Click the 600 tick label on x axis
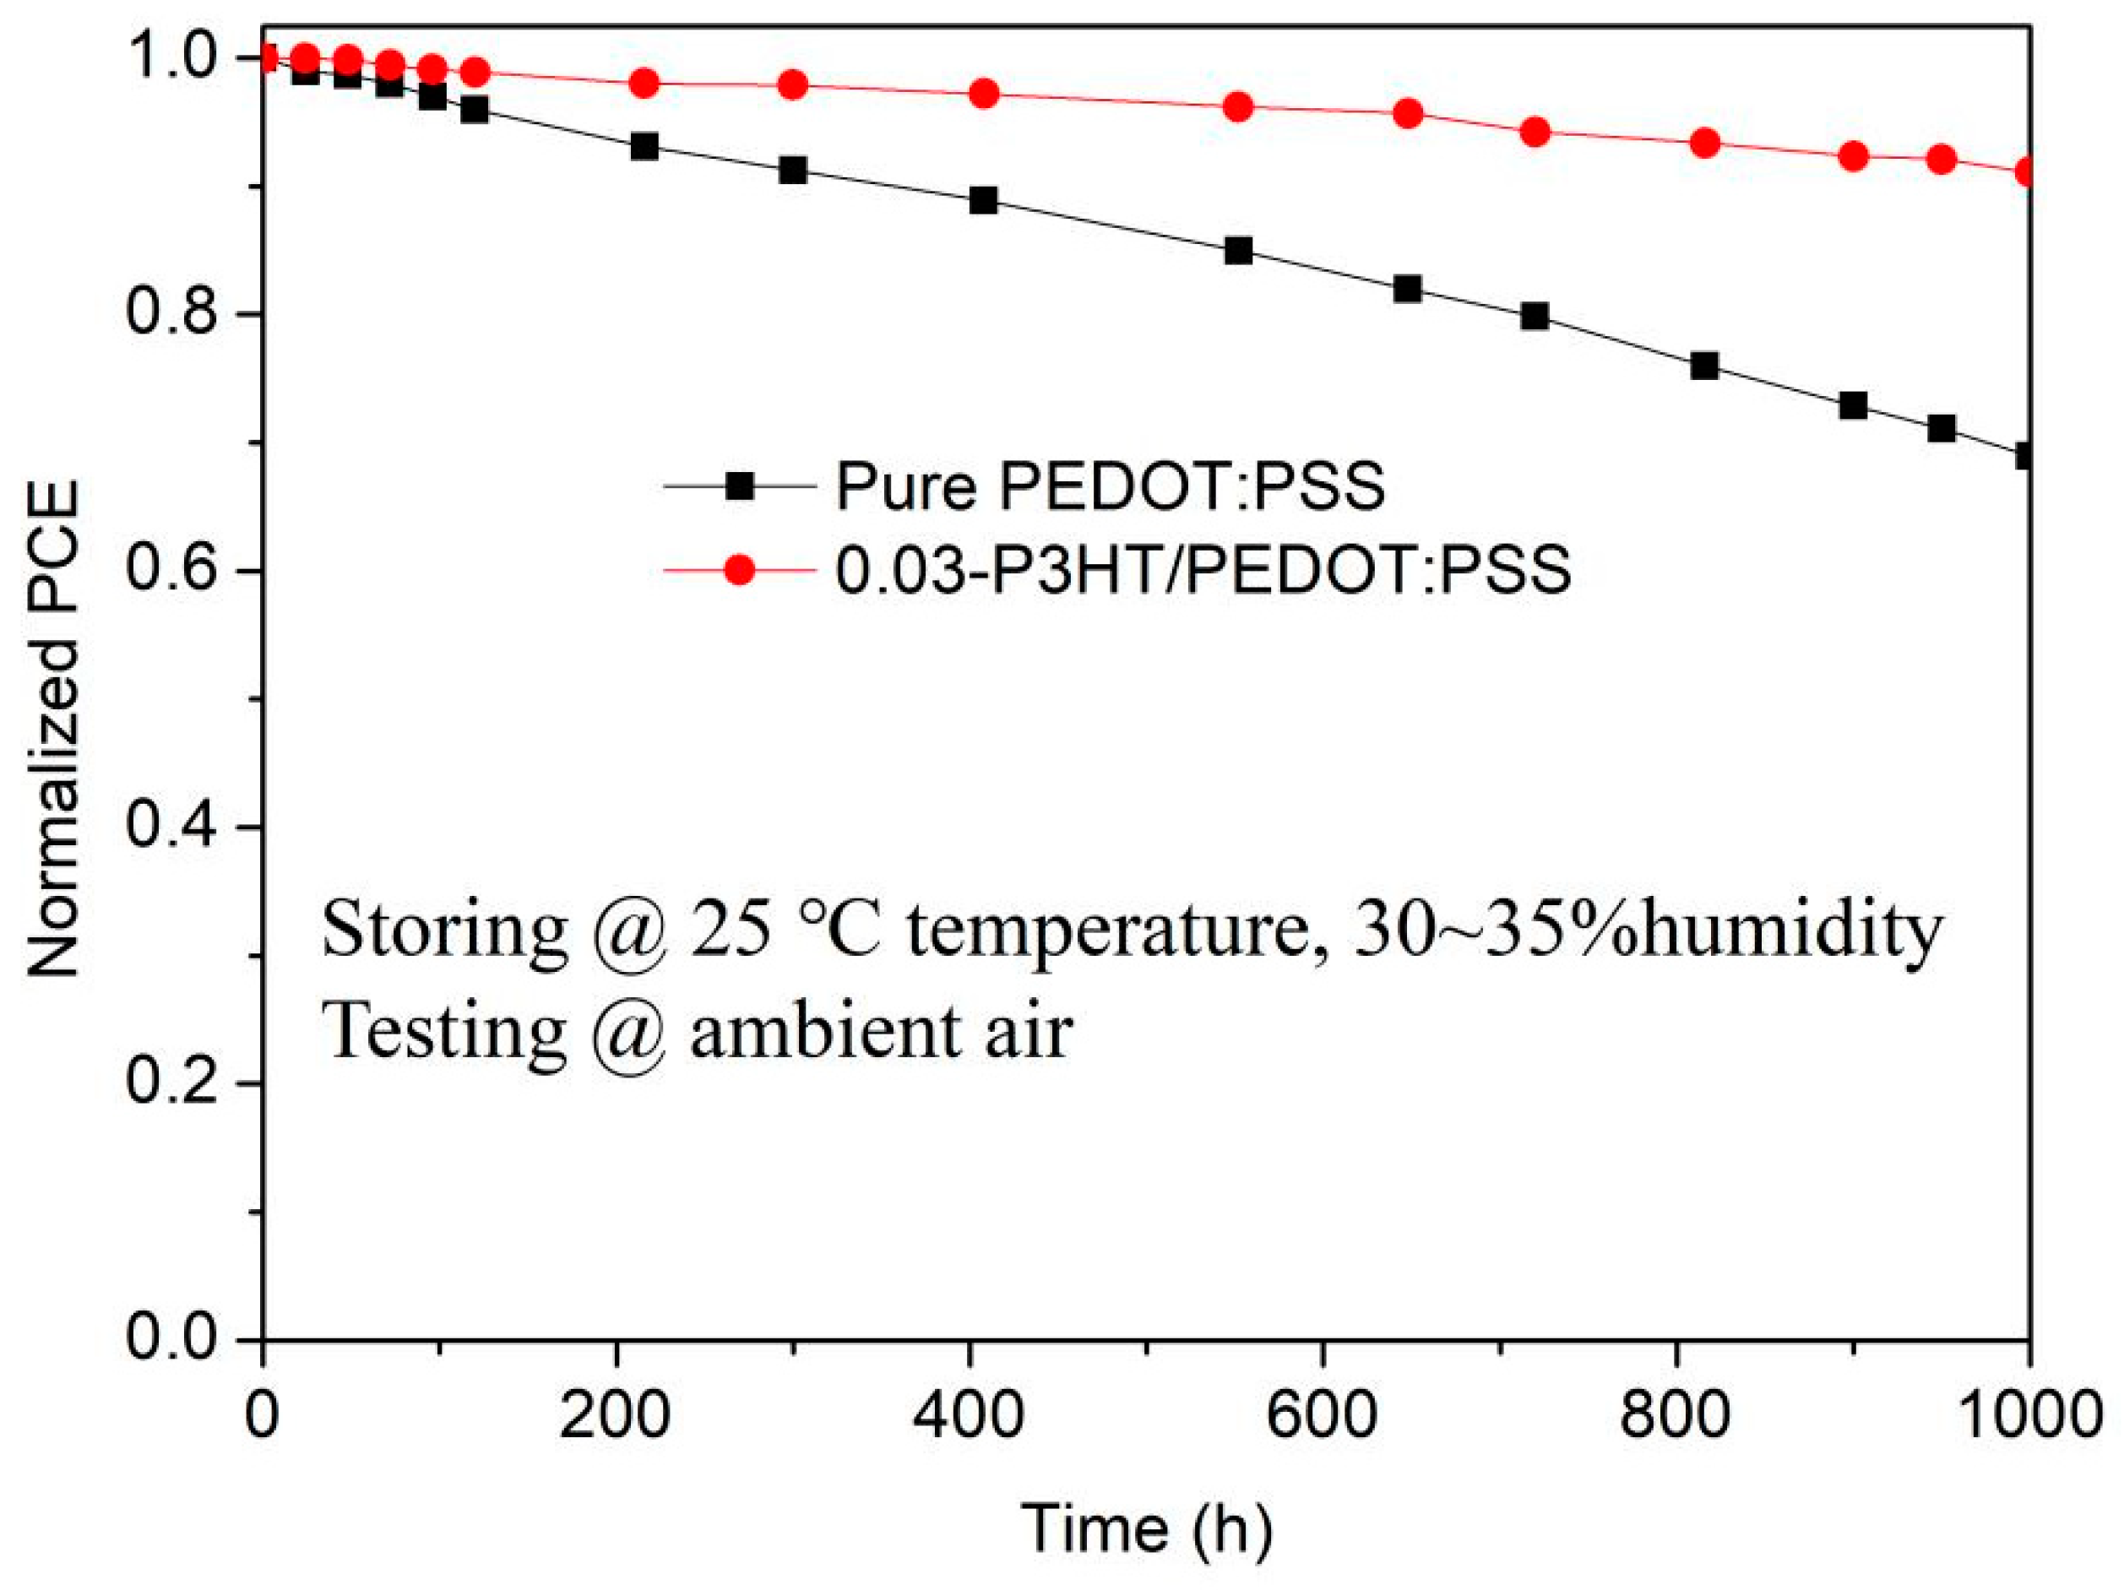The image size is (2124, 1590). pos(1323,1416)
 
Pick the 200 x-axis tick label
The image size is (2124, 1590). pos(616,1416)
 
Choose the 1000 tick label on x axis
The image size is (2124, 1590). pos(2026,1416)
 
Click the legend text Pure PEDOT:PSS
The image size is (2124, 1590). pos(1109,486)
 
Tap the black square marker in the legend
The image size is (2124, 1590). pos(739,486)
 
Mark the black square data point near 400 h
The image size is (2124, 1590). pos(983,201)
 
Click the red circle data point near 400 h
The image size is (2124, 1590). pos(983,94)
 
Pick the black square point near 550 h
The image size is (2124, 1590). pos(1239,252)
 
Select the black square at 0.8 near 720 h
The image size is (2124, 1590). pos(1535,316)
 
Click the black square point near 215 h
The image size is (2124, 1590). pos(644,147)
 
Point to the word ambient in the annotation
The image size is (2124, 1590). pos(824,1032)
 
